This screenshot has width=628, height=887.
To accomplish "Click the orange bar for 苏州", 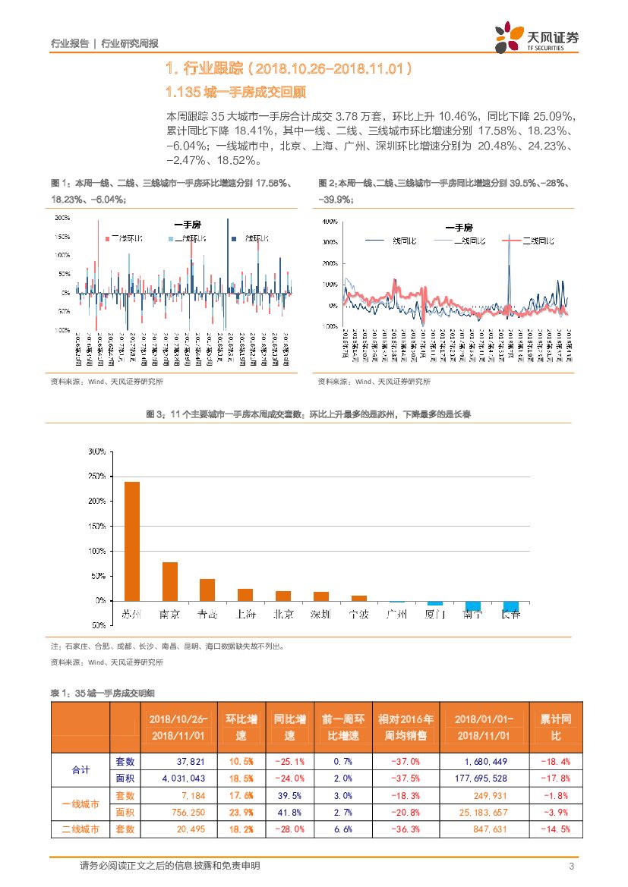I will click(131, 541).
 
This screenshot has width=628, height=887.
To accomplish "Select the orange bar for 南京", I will click(170, 581).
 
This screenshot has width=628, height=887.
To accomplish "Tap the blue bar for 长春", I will click(511, 605).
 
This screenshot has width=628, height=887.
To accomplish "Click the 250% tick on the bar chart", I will click(96, 477).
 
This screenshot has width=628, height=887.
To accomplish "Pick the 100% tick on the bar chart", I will click(96, 551).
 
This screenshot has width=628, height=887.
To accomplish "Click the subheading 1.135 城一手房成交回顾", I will click(235, 93).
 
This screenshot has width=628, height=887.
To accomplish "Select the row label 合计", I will click(80, 769).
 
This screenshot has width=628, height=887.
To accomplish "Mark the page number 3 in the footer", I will click(571, 867).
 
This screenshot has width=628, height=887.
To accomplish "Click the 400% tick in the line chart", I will click(330, 222).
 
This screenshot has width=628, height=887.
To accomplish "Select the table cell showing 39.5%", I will click(290, 795).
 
